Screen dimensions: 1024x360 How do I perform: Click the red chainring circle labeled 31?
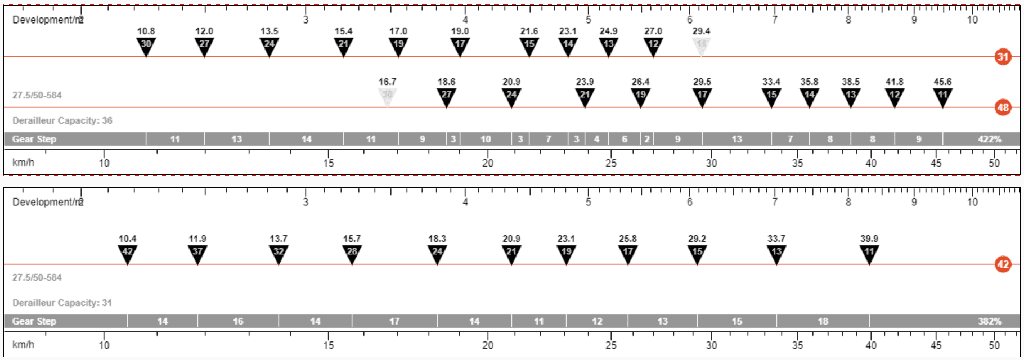(1003, 57)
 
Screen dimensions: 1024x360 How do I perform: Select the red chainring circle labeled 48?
(1003, 107)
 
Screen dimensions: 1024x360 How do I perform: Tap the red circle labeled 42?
(1003, 264)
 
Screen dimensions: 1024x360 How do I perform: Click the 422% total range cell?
(982, 139)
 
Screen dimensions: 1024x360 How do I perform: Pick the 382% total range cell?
(945, 321)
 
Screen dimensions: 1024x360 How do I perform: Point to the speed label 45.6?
(942, 82)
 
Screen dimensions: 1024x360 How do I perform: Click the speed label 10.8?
(146, 31)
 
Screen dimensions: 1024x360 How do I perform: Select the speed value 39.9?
(869, 239)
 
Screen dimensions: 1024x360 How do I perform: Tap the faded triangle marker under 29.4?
(701, 47)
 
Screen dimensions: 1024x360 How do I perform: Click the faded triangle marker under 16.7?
(387, 97)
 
